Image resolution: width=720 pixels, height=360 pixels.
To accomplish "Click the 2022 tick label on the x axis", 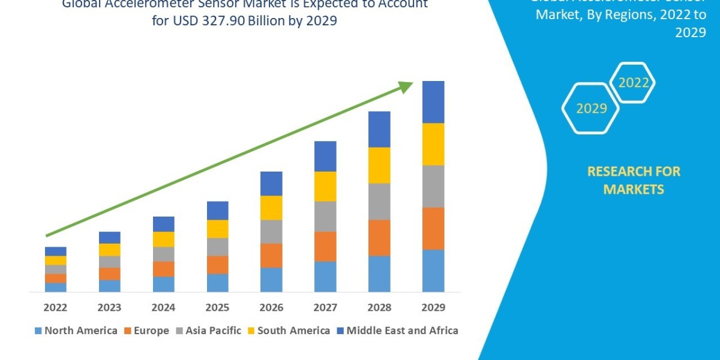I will click(x=55, y=308).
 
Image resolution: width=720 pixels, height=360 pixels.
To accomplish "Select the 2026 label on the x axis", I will click(x=271, y=308).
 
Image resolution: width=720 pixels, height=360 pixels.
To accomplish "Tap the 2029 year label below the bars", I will click(x=433, y=308).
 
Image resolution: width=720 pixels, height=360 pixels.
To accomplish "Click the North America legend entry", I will click(x=76, y=331).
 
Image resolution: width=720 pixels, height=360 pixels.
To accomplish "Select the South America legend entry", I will click(x=288, y=331).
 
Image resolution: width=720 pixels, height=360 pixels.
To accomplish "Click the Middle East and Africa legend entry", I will click(x=397, y=331).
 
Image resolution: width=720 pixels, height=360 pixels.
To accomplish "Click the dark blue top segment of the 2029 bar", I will click(x=433, y=102).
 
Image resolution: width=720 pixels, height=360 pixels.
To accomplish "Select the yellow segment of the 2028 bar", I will click(x=379, y=165).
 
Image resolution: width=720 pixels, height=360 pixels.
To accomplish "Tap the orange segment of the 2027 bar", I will click(x=325, y=246).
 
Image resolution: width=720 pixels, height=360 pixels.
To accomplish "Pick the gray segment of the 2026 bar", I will click(x=271, y=231).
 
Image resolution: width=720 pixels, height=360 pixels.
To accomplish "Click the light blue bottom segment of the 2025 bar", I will click(x=217, y=283).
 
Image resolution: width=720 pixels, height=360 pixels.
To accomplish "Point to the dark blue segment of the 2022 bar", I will click(x=55, y=251).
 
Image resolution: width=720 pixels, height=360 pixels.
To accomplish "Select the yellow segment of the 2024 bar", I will click(x=163, y=239).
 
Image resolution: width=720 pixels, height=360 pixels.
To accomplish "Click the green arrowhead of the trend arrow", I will click(x=406, y=86).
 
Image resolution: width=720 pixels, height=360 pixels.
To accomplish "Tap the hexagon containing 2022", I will click(x=633, y=83).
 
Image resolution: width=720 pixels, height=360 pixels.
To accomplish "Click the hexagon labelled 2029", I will click(x=590, y=109).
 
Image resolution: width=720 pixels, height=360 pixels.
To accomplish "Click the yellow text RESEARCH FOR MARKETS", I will click(x=633, y=180).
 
